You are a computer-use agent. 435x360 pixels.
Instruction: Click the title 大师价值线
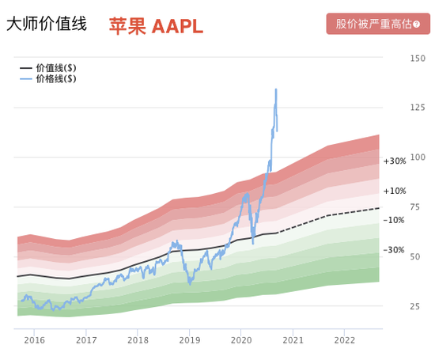47,25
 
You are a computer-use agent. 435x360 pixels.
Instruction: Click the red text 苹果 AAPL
156,26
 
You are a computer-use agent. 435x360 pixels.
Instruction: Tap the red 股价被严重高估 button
378,24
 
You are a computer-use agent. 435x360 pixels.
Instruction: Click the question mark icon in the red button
417,24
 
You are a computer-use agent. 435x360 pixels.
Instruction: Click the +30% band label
395,161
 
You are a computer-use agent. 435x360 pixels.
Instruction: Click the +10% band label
395,191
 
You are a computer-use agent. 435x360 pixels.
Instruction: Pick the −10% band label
395,220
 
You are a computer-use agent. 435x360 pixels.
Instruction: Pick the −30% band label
395,250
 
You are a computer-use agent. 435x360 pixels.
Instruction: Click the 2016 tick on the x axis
34,340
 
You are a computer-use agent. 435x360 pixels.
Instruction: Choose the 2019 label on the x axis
190,340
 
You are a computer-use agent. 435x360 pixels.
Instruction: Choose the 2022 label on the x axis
345,340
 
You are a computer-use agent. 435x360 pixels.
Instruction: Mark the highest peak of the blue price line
276,89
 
